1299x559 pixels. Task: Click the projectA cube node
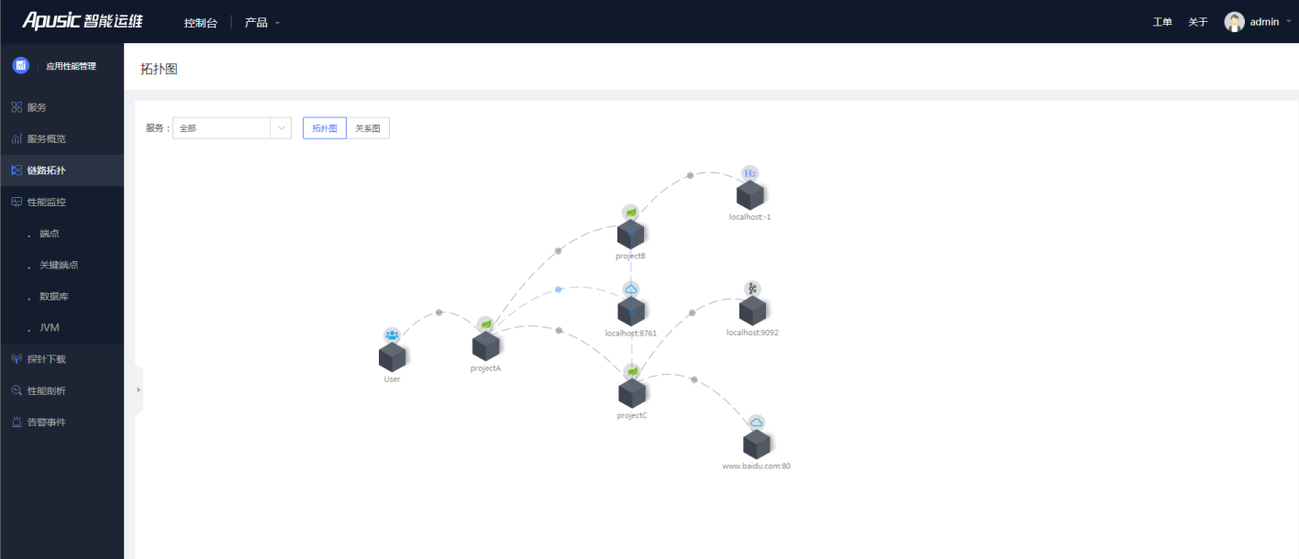486,346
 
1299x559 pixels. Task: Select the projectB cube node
630,234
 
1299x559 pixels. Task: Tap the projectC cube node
631,393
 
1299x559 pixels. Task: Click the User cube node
392,356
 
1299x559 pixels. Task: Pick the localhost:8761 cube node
631,311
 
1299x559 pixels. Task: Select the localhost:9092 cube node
752,311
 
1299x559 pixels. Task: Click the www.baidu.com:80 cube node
756,444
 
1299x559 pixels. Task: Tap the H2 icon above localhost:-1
749,173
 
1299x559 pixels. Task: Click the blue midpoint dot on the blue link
559,289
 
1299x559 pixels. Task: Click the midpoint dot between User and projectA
439,312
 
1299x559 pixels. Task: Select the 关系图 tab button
368,128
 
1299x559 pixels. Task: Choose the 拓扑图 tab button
325,128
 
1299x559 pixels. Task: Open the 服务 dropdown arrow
282,128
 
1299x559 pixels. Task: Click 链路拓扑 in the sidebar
47,170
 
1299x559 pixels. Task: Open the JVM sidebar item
50,327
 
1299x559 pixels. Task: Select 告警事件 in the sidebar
47,422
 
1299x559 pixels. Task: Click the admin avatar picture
1234,22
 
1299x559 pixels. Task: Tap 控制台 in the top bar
201,23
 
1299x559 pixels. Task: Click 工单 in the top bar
1162,22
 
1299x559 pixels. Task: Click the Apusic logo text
51,21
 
